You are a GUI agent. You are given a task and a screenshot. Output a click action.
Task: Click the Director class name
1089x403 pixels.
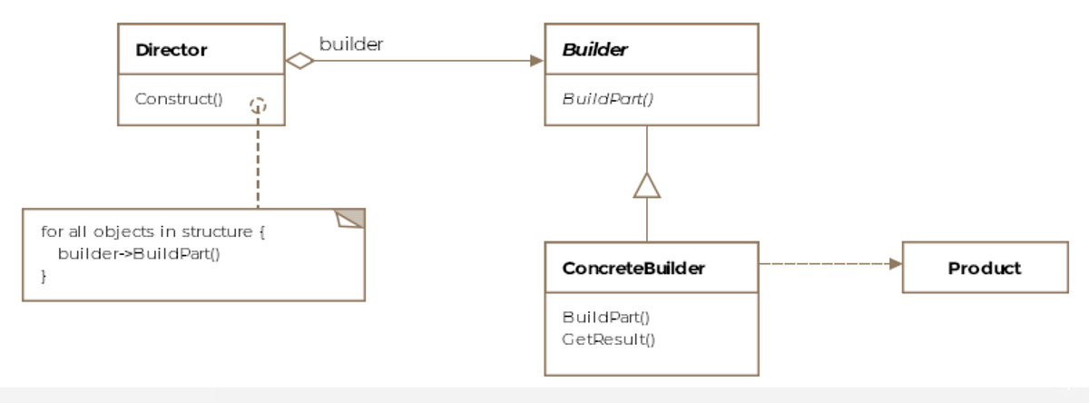(172, 50)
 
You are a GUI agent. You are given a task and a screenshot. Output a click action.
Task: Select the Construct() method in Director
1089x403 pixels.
(179, 98)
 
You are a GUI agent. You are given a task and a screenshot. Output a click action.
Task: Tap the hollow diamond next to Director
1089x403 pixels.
(299, 61)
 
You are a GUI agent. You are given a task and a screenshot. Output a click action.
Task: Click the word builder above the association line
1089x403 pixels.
(350, 44)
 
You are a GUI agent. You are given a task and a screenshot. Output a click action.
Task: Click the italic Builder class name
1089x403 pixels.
(594, 50)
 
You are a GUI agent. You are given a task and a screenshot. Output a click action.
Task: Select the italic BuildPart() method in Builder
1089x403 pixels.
(607, 98)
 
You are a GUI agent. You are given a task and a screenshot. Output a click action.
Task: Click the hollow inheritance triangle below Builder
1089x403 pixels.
(646, 185)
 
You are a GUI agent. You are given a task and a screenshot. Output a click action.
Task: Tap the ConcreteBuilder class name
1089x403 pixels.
(633, 269)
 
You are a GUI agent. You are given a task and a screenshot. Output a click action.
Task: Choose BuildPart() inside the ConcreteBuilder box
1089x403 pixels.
(606, 317)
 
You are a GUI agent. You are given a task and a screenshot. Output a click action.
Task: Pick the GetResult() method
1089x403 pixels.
(608, 339)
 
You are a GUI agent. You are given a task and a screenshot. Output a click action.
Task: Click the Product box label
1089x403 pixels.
(984, 268)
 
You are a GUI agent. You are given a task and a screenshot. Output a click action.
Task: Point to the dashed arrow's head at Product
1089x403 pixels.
(896, 263)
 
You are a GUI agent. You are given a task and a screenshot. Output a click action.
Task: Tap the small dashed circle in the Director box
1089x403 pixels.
(259, 105)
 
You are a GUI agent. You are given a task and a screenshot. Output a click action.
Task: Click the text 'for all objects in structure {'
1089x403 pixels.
(152, 231)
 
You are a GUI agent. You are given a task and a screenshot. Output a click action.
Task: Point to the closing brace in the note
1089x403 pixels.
(44, 274)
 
